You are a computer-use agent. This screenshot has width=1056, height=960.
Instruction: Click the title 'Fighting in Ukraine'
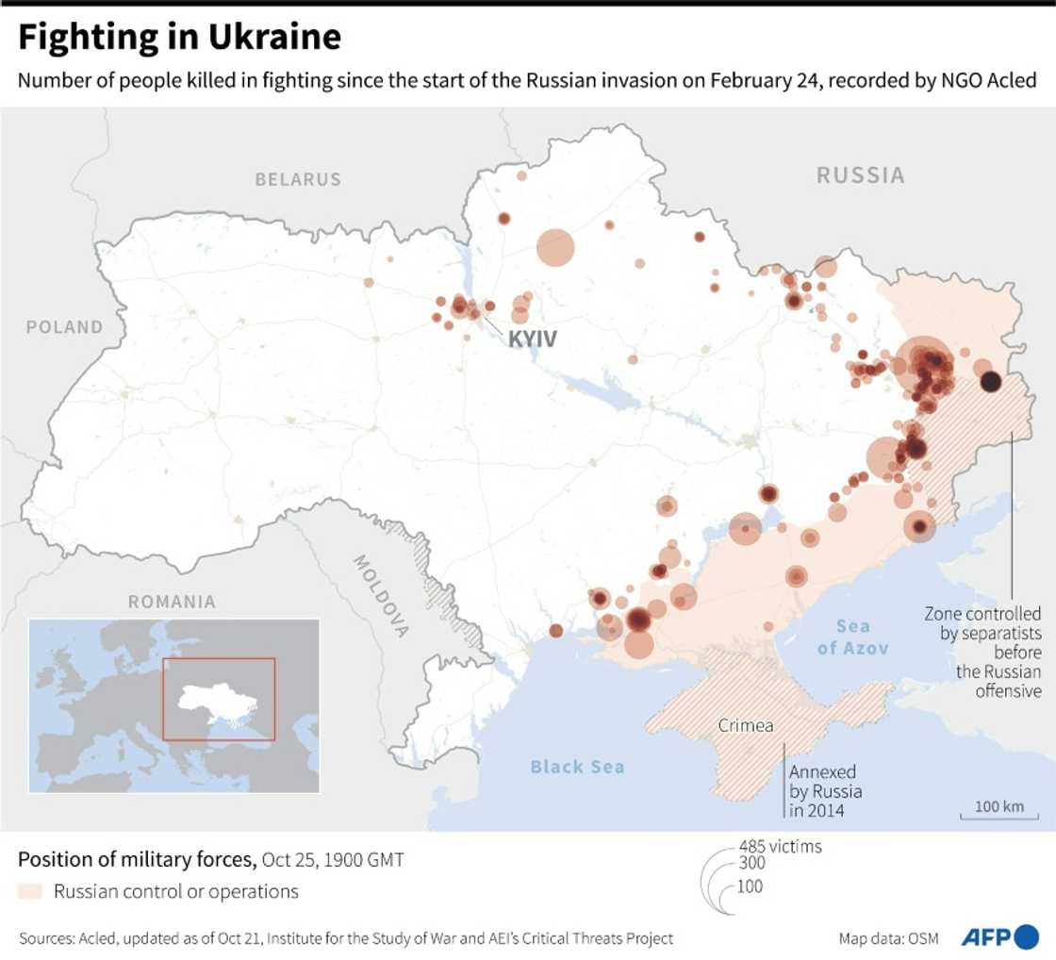coord(179,38)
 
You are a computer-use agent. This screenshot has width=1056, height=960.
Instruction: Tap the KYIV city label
coord(533,339)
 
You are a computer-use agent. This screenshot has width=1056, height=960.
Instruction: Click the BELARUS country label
coord(298,179)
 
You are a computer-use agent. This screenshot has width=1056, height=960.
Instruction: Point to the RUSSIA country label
coord(860,175)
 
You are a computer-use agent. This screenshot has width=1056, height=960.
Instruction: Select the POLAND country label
coord(64,327)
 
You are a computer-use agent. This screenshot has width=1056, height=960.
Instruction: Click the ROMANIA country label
coord(172,602)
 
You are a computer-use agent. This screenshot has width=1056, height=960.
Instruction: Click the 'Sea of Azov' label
coord(853,637)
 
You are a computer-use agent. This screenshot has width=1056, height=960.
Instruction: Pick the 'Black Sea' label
coord(577,767)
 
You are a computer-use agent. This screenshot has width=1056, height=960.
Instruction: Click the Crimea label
coord(747,726)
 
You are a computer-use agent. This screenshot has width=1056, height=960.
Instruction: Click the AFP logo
coord(998,937)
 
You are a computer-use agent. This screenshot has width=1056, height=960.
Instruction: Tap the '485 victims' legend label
coord(780,847)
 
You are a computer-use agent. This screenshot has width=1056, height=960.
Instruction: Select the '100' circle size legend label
coord(751,886)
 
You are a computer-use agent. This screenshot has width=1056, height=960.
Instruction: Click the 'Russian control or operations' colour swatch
coord(30,891)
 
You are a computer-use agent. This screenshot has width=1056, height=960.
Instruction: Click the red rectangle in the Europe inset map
coord(219,699)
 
